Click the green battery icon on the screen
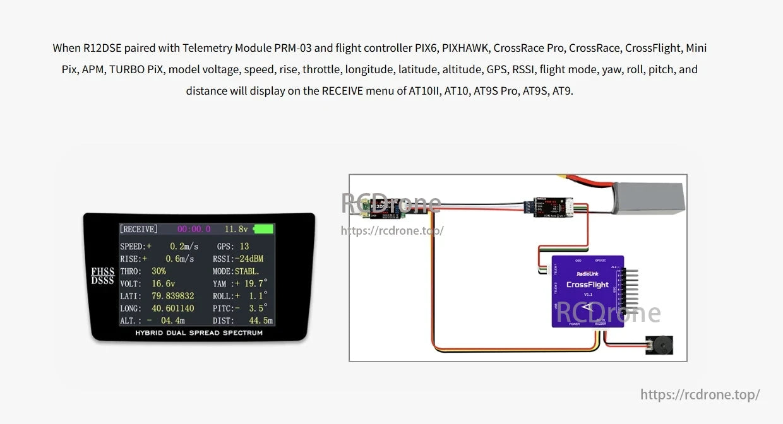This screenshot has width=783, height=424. point(263,230)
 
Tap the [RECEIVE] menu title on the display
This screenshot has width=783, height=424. point(139,230)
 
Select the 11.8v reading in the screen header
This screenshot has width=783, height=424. point(236,230)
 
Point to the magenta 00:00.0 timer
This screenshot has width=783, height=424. point(194,230)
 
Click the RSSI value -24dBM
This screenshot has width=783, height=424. point(249,259)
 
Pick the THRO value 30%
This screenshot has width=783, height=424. point(158,271)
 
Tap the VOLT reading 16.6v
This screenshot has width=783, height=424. point(163,284)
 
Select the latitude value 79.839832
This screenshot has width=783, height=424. point(172,296)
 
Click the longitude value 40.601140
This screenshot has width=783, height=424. point(172,309)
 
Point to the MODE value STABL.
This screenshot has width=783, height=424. point(247,271)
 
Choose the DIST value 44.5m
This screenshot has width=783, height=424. point(260,321)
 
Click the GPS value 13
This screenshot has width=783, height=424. point(244,246)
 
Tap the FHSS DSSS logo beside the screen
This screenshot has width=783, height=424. point(102,276)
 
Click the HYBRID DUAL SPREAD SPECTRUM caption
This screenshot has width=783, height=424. point(199,333)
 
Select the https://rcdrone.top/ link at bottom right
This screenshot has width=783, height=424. point(700,395)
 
